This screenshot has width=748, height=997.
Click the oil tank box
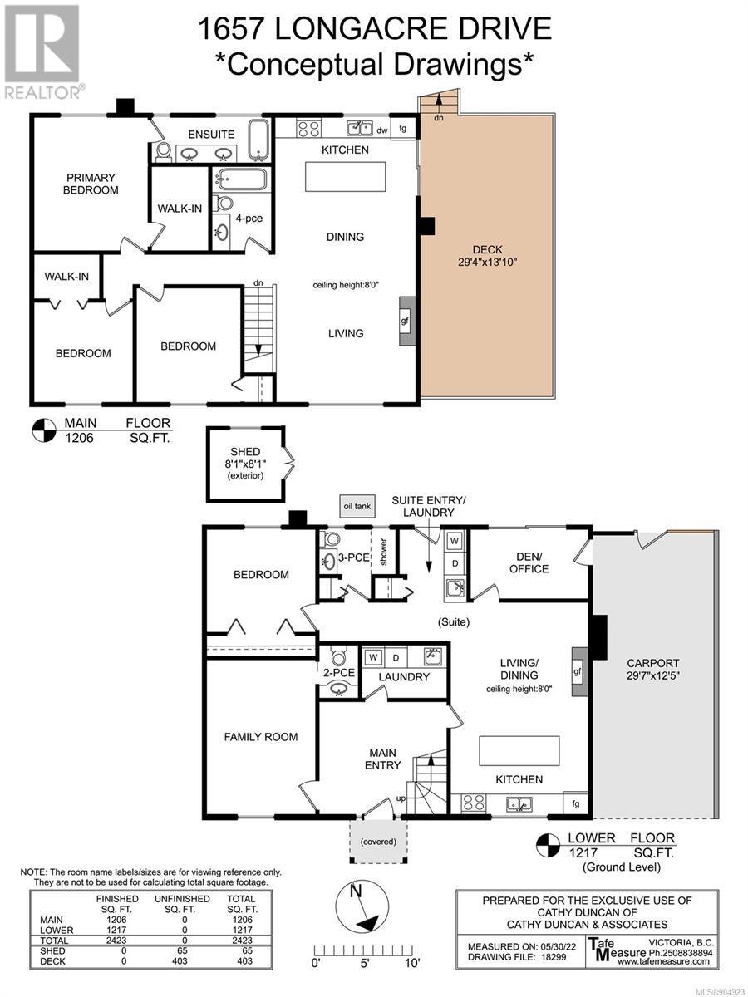[358, 506]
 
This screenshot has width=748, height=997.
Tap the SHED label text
[245, 452]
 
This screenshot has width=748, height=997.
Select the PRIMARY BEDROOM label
[91, 184]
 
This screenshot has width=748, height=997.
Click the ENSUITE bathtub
[258, 140]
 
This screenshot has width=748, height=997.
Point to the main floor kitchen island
[345, 177]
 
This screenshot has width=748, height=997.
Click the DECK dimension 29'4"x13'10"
[487, 262]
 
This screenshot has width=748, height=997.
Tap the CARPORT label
[652, 663]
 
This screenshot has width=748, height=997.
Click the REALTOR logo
[43, 52]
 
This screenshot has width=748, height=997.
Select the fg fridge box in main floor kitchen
[403, 129]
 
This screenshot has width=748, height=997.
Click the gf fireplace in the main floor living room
[406, 322]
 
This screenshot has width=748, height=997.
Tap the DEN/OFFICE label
[529, 562]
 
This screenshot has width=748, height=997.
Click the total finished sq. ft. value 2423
[116, 941]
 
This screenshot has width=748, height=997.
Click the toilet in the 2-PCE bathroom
[339, 657]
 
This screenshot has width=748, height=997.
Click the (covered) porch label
[378, 841]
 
